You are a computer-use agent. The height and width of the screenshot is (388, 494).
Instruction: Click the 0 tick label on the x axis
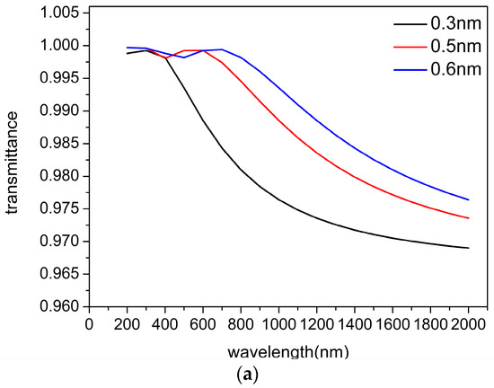tap(88, 322)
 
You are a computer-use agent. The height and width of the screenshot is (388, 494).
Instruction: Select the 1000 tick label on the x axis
tap(278, 322)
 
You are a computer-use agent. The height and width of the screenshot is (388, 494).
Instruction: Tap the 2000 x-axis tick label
tap(468, 322)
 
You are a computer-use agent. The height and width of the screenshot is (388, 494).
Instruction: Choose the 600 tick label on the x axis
tap(202, 322)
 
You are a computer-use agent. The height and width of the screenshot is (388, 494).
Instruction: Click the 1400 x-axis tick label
tap(354, 322)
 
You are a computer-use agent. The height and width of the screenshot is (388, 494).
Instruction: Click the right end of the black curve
tap(468, 248)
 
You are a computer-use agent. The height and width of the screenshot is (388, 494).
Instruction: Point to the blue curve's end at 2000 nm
tap(468, 199)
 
